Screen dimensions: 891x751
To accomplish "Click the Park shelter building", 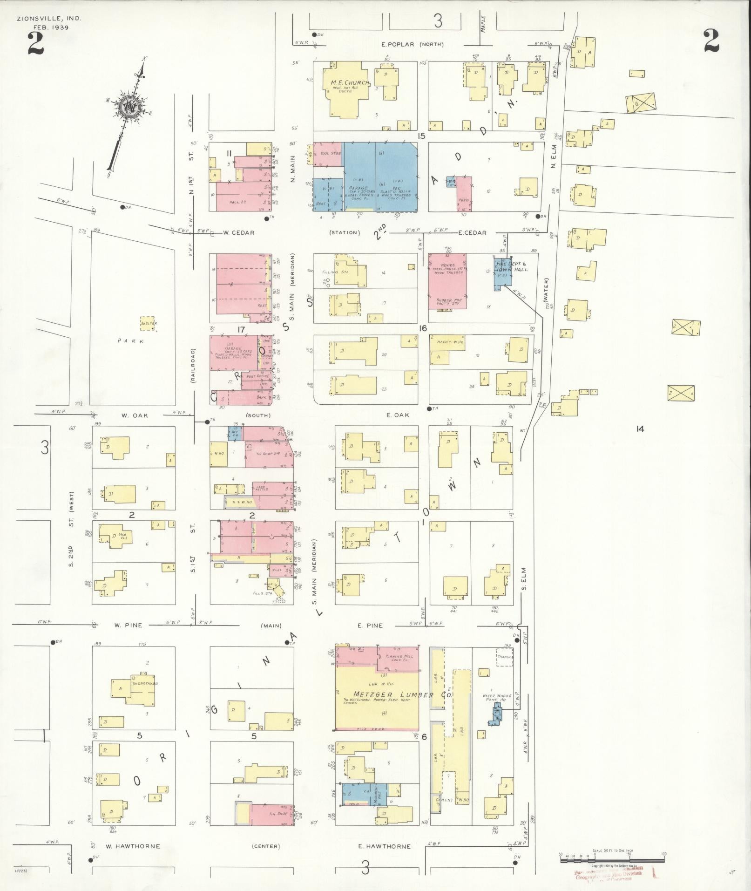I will click(148, 324).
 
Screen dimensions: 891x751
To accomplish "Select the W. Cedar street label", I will click(238, 232).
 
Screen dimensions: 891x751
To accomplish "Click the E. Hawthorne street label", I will click(384, 846).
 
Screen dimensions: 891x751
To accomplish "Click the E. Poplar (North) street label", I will click(412, 45).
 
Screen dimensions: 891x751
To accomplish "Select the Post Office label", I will click(258, 375).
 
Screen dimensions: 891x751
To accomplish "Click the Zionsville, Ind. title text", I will click(48, 19).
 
